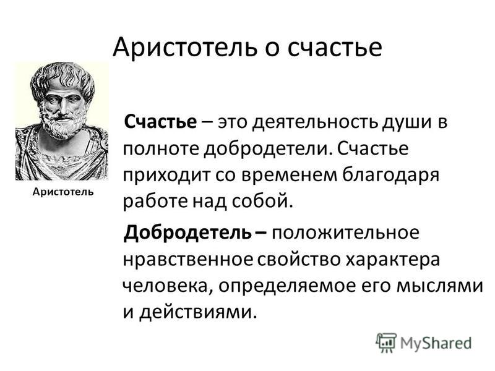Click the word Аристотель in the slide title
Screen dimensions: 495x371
pos(184,47)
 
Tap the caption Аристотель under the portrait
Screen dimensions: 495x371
pos(63,192)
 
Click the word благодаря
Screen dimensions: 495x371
pos(391,176)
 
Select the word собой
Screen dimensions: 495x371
pos(260,201)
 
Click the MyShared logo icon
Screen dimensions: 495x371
pos(385,343)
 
